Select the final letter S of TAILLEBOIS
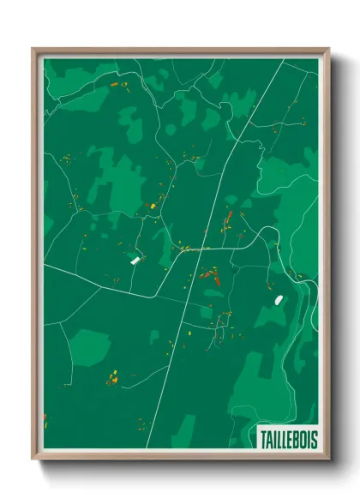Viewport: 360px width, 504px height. [x=313, y=438]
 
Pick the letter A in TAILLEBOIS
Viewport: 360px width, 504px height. [x=269, y=438]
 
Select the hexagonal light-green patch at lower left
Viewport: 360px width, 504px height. [x=89, y=346]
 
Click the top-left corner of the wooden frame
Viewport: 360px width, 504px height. [x=33, y=49]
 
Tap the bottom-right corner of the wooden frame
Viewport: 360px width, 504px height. [x=328, y=459]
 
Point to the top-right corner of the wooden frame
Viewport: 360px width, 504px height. [x=328, y=49]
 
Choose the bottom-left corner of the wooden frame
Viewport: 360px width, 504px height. [x=33, y=459]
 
